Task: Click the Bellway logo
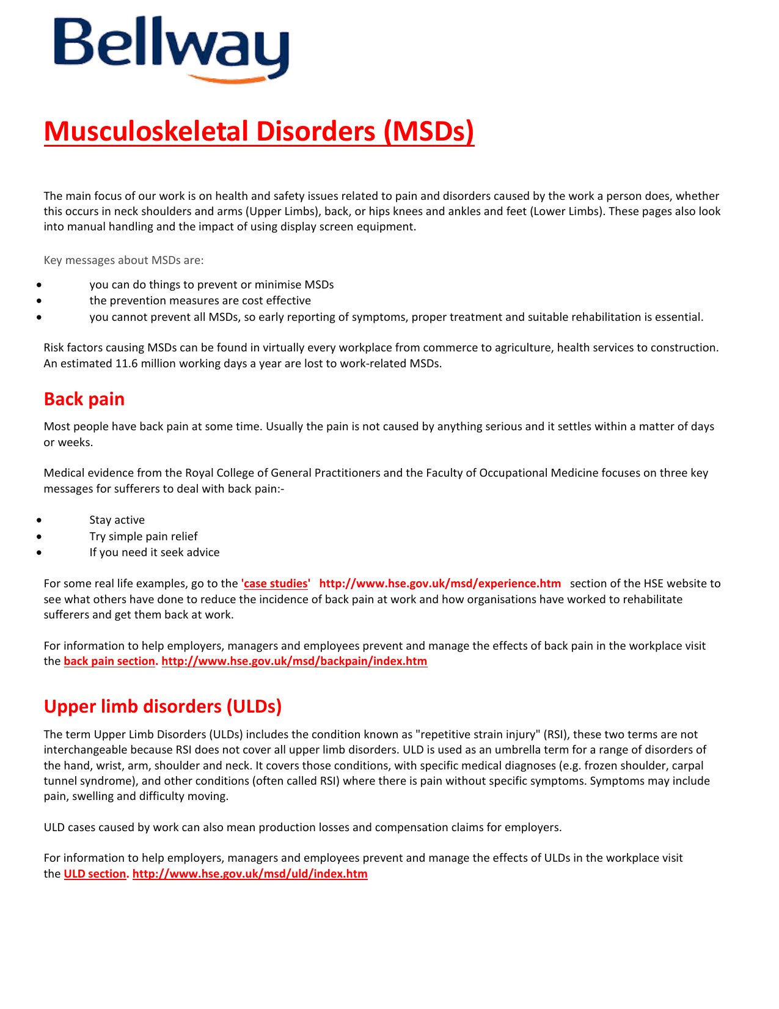[x=170, y=50]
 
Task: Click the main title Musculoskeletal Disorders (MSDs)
[x=258, y=131]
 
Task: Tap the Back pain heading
[x=84, y=399]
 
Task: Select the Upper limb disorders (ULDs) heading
[x=163, y=706]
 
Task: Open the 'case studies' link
[x=276, y=584]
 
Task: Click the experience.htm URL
[x=440, y=584]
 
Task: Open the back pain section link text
[x=109, y=661]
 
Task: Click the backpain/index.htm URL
[x=294, y=661]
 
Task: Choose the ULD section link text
[x=95, y=874]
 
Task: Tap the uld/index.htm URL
[x=250, y=874]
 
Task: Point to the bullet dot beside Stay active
[x=39, y=521]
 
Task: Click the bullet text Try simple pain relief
[x=144, y=537]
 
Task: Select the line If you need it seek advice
[x=155, y=552]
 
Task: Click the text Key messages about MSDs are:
[x=123, y=260]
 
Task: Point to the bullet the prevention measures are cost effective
[x=200, y=301]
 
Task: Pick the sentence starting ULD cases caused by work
[x=302, y=827]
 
